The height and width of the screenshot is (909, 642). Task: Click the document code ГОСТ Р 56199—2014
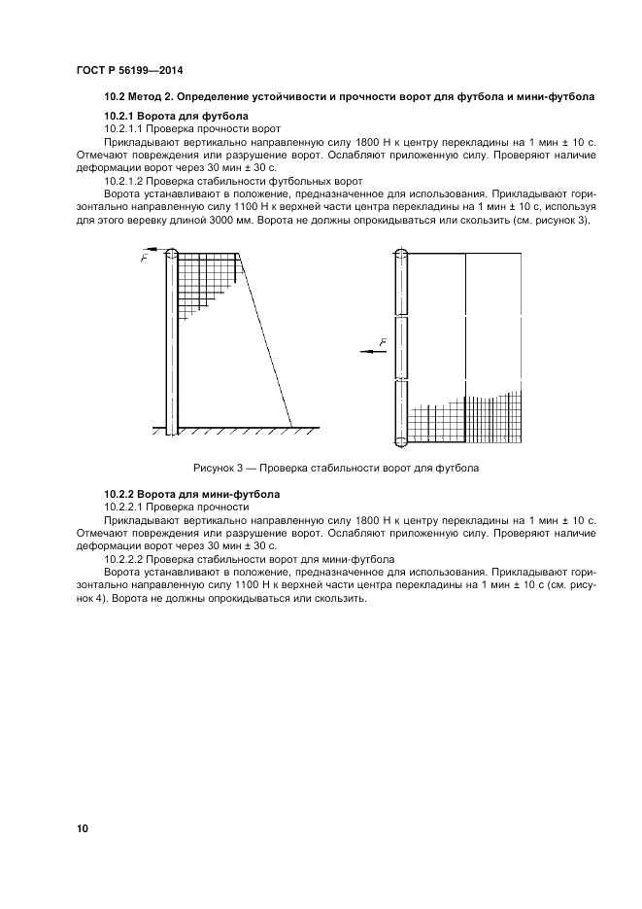128,71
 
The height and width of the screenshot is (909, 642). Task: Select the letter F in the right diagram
383,342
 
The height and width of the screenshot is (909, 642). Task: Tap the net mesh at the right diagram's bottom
466,420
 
